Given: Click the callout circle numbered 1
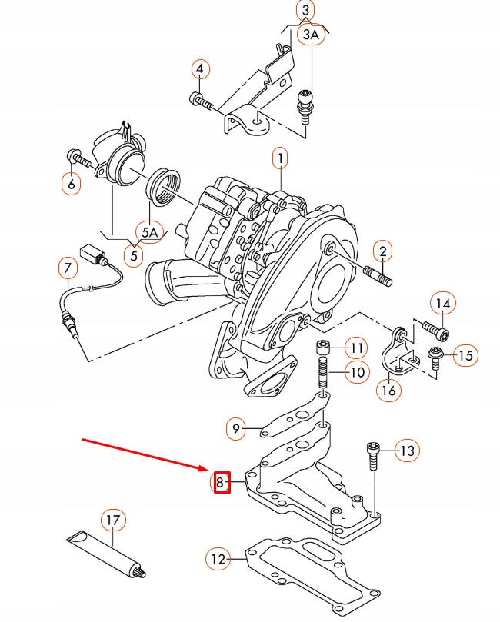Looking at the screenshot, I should click(280, 159).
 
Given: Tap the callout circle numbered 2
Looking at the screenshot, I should click(382, 251).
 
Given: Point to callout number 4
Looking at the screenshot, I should click(200, 70).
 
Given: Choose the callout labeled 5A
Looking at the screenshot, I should click(149, 231).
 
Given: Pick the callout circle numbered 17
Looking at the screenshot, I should click(113, 521).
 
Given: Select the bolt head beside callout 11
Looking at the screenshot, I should click(324, 348).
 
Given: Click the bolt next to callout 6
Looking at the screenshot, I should click(79, 158).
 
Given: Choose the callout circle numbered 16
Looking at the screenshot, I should click(389, 390).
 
